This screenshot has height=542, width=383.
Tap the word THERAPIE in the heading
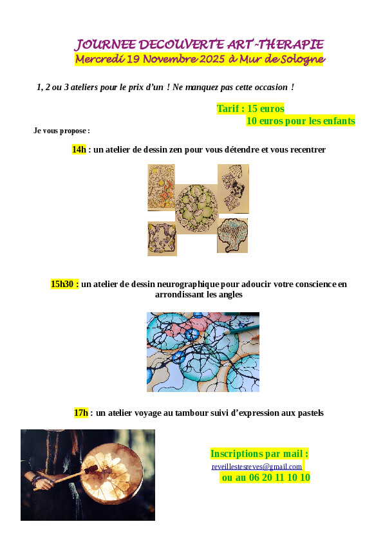[291, 44]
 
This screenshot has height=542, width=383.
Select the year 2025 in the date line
[212, 59]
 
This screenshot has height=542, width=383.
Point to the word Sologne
[303, 59]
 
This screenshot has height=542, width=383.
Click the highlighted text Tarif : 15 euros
[250, 109]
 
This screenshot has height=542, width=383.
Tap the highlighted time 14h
[79, 149]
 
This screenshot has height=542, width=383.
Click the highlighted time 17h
[81, 413]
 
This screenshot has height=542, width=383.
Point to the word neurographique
[188, 284]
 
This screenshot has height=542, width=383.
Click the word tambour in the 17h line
[190, 413]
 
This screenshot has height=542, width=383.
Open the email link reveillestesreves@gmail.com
[256, 466]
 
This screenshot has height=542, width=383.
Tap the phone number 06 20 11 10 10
[279, 478]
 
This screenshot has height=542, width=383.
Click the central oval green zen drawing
[197, 208]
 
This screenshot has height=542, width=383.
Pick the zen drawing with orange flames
[162, 187]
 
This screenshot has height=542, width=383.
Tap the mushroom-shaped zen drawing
[232, 236]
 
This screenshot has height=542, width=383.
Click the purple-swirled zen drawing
[162, 239]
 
